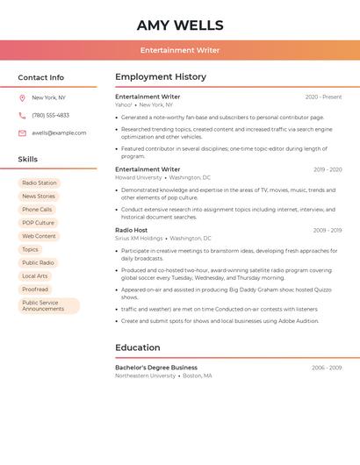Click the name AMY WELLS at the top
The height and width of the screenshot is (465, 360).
pyautogui.click(x=180, y=25)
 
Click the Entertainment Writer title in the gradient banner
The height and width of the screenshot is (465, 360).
pyautogui.click(x=180, y=50)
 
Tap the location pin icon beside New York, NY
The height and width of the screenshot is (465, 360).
pyautogui.click(x=22, y=98)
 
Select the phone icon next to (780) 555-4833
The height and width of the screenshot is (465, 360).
pyautogui.click(x=22, y=116)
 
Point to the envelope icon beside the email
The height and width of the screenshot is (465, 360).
pyautogui.click(x=22, y=133)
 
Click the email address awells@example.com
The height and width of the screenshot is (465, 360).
pyautogui.click(x=59, y=133)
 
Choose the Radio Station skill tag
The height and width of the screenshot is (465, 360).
pyautogui.click(x=40, y=183)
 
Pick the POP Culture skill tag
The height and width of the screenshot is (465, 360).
pyautogui.click(x=38, y=223)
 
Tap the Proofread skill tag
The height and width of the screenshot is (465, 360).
pyautogui.click(x=35, y=289)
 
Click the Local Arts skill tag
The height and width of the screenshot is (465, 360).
pyautogui.click(x=35, y=275)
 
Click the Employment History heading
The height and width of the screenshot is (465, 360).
pyautogui.click(x=161, y=77)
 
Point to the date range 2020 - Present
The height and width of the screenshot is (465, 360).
pyautogui.click(x=323, y=97)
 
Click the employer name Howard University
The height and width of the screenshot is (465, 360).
pyautogui.click(x=139, y=177)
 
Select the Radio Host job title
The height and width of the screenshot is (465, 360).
pyautogui.click(x=132, y=230)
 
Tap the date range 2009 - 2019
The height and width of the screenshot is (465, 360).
pyautogui.click(x=327, y=231)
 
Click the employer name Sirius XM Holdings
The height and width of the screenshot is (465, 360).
pyautogui.click(x=139, y=238)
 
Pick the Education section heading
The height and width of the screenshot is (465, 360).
pyautogui.click(x=138, y=347)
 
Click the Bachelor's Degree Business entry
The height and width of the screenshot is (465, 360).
pyautogui.click(x=156, y=368)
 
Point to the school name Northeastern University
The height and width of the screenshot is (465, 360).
pyautogui.click(x=145, y=376)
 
